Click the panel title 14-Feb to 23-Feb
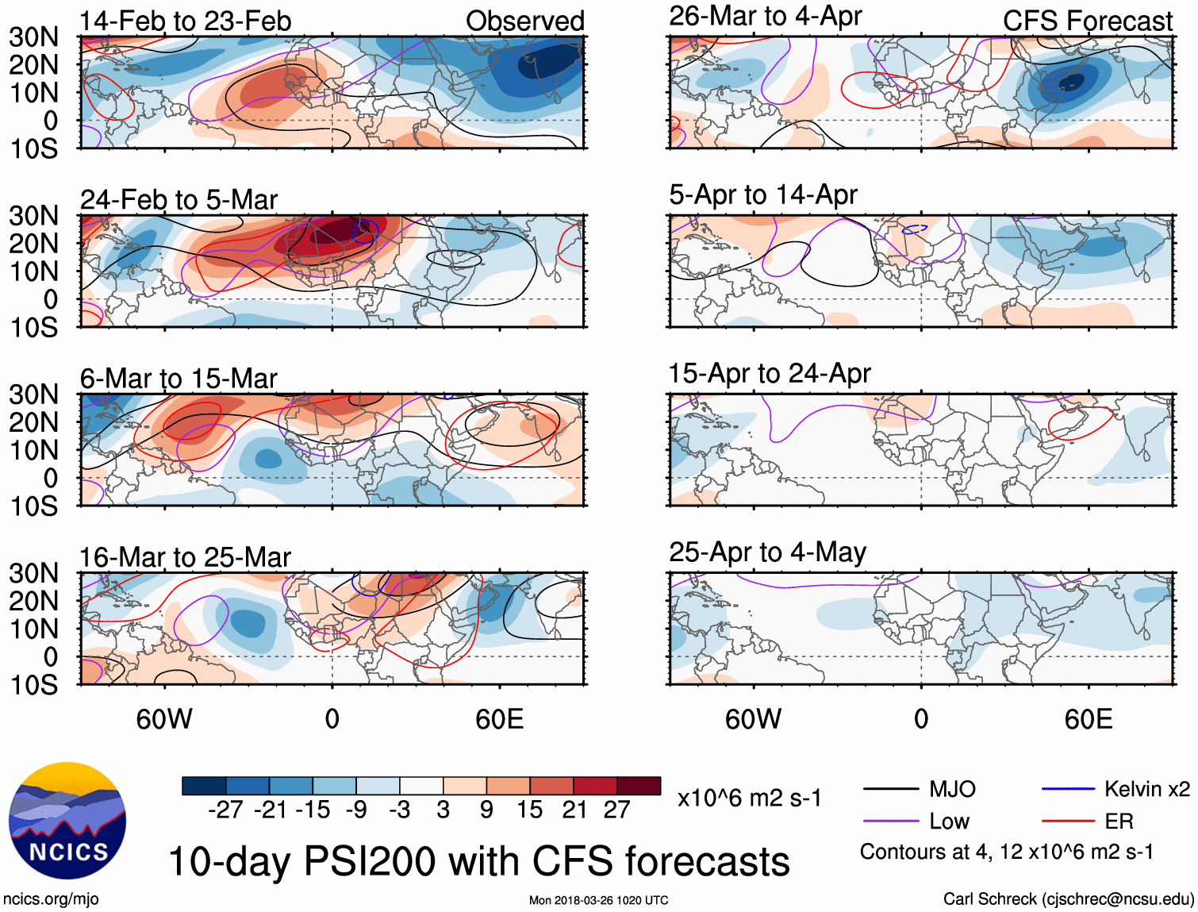[186, 21]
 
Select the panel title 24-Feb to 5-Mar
[179, 199]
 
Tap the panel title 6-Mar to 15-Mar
[179, 378]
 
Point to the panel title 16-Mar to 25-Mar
[185, 557]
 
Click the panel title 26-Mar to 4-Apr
[765, 16]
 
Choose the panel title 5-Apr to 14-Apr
[763, 194]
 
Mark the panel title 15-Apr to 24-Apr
[770, 373]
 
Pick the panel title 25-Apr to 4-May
[767, 552]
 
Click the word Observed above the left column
[524, 21]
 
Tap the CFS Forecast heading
[1087, 21]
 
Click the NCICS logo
[67, 821]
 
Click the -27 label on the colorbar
[225, 810]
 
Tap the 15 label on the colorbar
[529, 810]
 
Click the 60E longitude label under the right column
[1089, 719]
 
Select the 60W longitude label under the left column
[164, 719]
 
